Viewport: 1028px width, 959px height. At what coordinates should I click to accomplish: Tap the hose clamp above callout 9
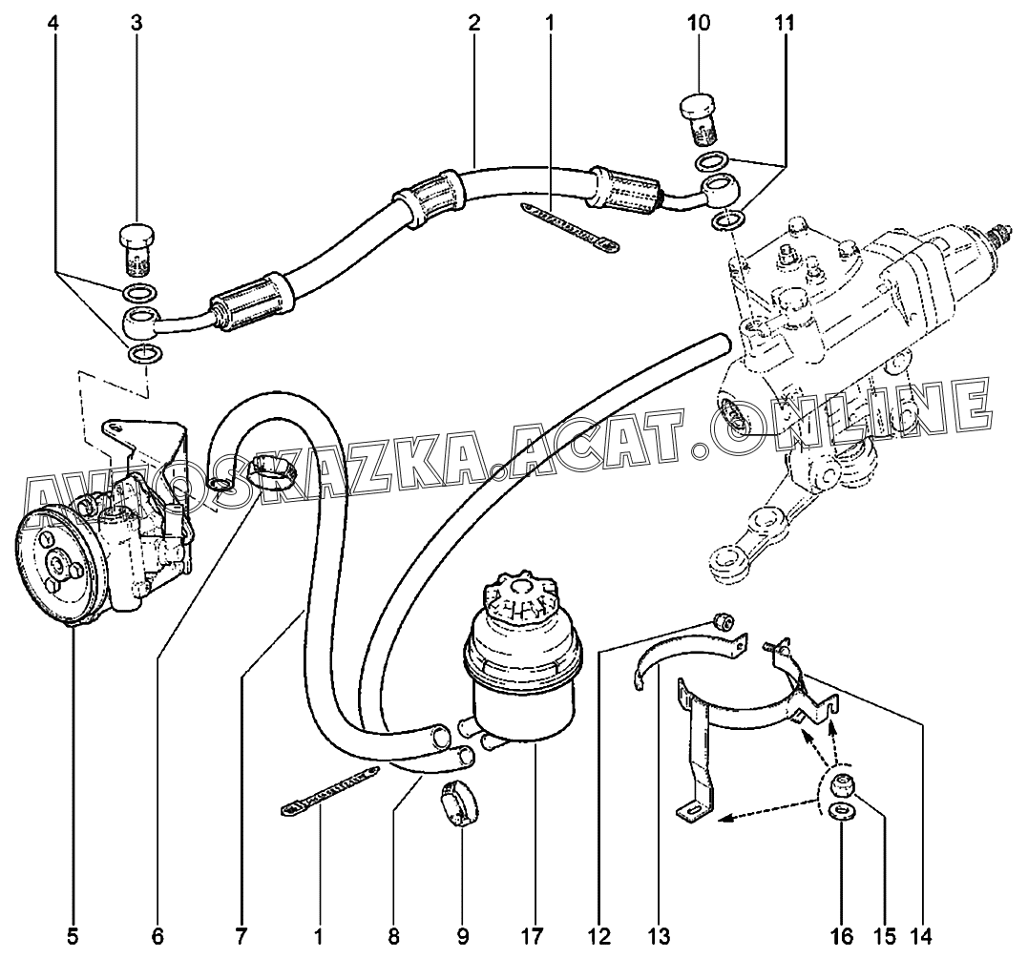pos(458,801)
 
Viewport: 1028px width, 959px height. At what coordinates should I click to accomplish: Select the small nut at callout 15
pos(840,786)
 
